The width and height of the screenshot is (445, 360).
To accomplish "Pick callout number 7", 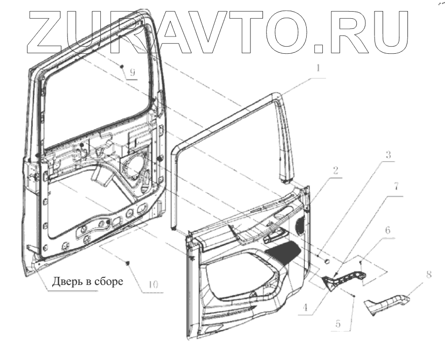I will click(396, 185).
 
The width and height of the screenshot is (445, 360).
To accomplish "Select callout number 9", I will click(132, 72).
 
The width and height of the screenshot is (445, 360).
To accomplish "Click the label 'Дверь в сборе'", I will click(88, 281).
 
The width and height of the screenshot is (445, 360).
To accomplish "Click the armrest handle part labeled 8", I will click(386, 305).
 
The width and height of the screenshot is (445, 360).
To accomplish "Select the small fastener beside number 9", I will click(122, 66).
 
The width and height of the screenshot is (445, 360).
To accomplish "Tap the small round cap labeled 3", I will click(326, 260).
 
